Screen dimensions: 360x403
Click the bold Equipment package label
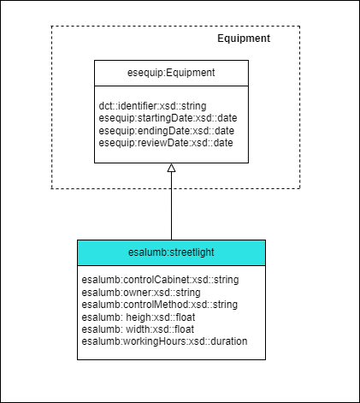click(x=244, y=39)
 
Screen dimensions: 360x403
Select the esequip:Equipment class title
click(x=171, y=73)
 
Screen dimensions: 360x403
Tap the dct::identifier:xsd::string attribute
click(x=152, y=106)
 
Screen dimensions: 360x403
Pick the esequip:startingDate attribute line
click(x=168, y=118)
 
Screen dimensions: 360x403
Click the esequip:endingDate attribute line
click(x=167, y=131)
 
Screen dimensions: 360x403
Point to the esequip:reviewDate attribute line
click(x=166, y=143)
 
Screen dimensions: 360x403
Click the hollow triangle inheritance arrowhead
click(x=171, y=168)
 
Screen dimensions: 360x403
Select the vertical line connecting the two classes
click(x=171, y=205)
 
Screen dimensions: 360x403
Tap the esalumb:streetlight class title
click(x=171, y=252)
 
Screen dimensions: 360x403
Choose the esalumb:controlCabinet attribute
click(x=160, y=280)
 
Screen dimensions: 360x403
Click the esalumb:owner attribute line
click(x=141, y=293)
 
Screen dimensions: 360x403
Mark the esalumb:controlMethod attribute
click(x=160, y=305)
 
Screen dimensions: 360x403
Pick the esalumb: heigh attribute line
click(x=139, y=317)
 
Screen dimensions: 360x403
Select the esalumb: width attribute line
click(x=138, y=329)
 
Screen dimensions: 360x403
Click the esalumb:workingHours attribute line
click(x=164, y=341)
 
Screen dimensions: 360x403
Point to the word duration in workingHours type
click(x=229, y=341)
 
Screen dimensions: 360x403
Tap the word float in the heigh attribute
click(x=186, y=317)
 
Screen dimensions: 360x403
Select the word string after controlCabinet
click(x=227, y=280)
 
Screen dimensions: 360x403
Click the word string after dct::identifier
click(x=194, y=106)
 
